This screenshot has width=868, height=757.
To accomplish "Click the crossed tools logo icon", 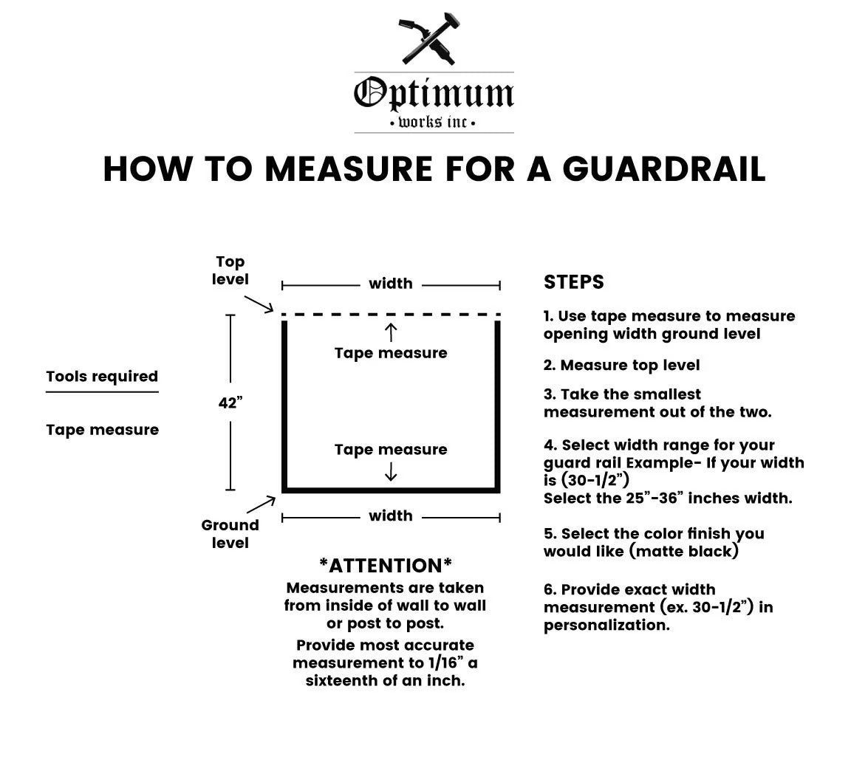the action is click(429, 38).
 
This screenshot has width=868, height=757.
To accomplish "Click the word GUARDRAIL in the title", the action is click(664, 169).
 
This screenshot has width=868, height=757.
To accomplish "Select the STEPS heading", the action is click(573, 281).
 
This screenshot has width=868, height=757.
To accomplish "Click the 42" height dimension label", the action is click(230, 403).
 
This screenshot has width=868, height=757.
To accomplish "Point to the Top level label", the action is click(230, 270).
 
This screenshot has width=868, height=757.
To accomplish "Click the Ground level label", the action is click(230, 533).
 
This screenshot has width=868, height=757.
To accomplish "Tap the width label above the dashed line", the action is click(391, 284).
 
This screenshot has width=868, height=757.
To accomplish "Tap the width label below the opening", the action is click(391, 515).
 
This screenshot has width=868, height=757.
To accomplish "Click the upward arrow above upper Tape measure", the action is click(391, 332).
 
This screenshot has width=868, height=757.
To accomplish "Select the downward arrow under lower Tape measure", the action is click(391, 471).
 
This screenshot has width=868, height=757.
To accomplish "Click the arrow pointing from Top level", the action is click(259, 304).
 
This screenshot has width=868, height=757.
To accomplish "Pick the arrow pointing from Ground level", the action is click(261, 504).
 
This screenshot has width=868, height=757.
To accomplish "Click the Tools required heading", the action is click(103, 377).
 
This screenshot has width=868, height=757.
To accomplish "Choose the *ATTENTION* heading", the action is click(386, 566).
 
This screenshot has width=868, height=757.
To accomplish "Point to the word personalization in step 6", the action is click(606, 626).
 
